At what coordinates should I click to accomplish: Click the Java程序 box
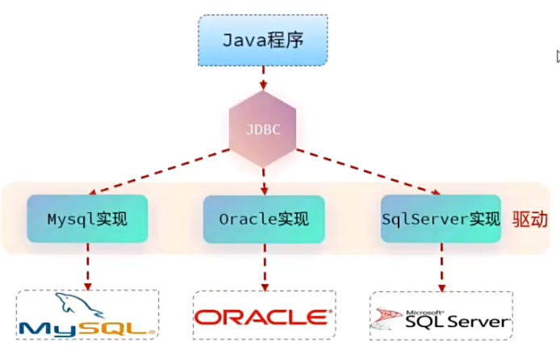point(263,40)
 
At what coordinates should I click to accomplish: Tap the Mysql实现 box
point(87,218)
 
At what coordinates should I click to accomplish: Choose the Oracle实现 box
point(263,218)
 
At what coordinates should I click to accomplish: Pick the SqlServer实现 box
point(441,218)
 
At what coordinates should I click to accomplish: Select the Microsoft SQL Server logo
point(441,316)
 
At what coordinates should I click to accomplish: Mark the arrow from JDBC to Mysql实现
point(161,170)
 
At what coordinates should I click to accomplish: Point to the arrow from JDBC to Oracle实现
point(264,179)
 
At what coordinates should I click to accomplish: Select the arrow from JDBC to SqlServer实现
point(367,170)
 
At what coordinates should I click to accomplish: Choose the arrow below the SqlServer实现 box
point(441,268)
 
